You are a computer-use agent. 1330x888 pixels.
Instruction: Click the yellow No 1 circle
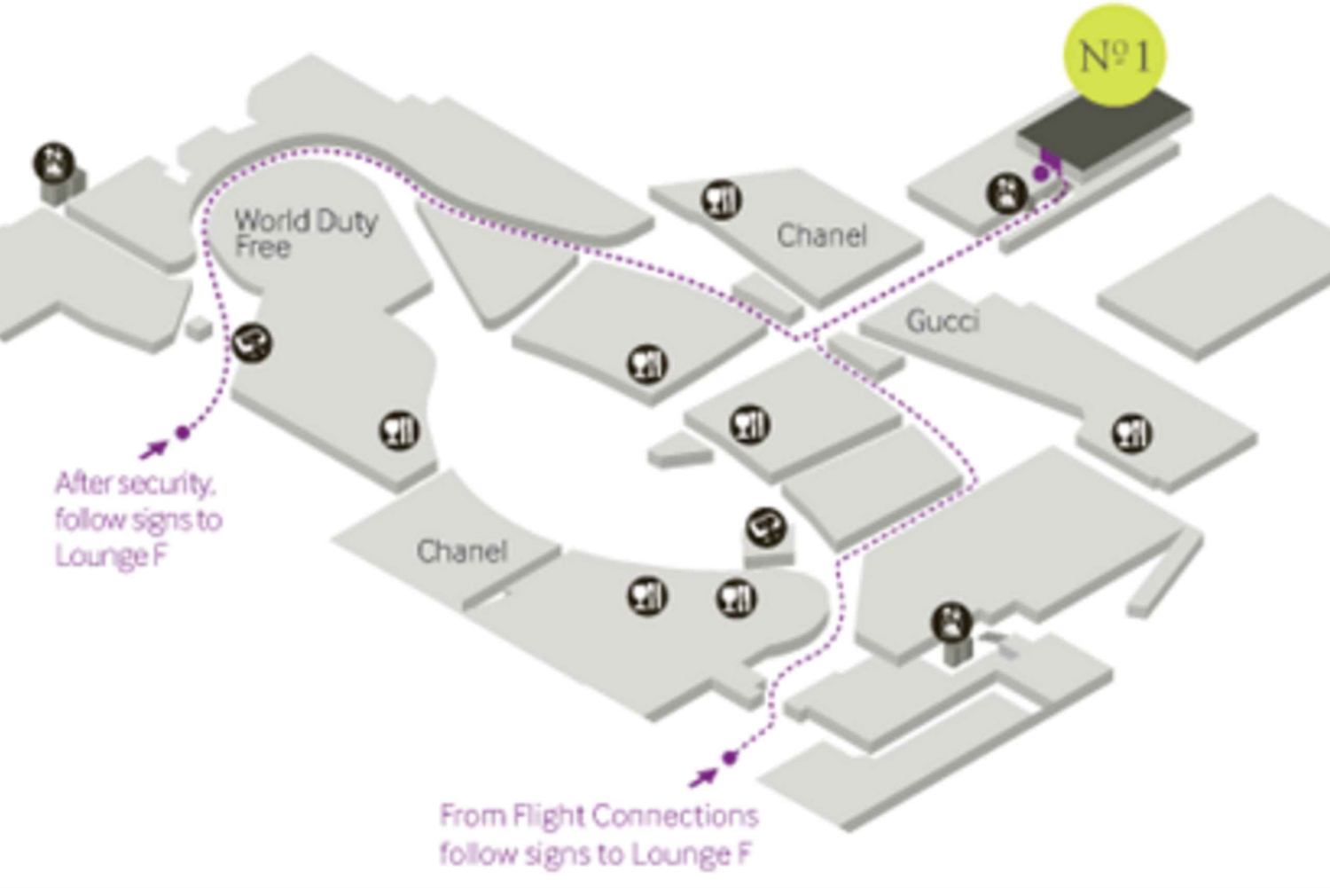tap(1114, 55)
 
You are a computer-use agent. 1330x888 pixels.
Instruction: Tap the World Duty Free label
tap(305, 232)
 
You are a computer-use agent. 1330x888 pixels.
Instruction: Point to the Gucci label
tap(942, 320)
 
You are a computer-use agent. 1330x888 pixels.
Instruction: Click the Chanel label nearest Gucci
tap(821, 235)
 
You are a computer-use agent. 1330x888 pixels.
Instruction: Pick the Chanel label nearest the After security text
tap(461, 552)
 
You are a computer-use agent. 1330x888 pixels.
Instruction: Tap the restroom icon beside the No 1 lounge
tap(1006, 193)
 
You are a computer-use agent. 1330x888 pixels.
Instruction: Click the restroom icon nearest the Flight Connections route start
tap(951, 623)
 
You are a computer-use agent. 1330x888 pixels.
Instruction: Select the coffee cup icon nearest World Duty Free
tap(252, 342)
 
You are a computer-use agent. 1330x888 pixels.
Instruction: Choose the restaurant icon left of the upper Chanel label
tap(722, 200)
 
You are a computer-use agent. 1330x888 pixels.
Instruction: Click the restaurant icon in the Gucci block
tap(1131, 433)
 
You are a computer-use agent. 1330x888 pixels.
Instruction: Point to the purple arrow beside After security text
tap(154, 449)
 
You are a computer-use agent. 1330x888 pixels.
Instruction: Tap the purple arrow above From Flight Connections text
tap(704, 777)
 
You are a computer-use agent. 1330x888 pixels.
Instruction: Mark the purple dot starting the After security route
tap(183, 433)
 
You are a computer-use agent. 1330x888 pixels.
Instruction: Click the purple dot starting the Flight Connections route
tap(729, 758)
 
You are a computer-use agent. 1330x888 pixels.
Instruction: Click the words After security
tap(134, 484)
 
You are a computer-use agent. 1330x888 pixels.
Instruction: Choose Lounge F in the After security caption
tap(111, 556)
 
